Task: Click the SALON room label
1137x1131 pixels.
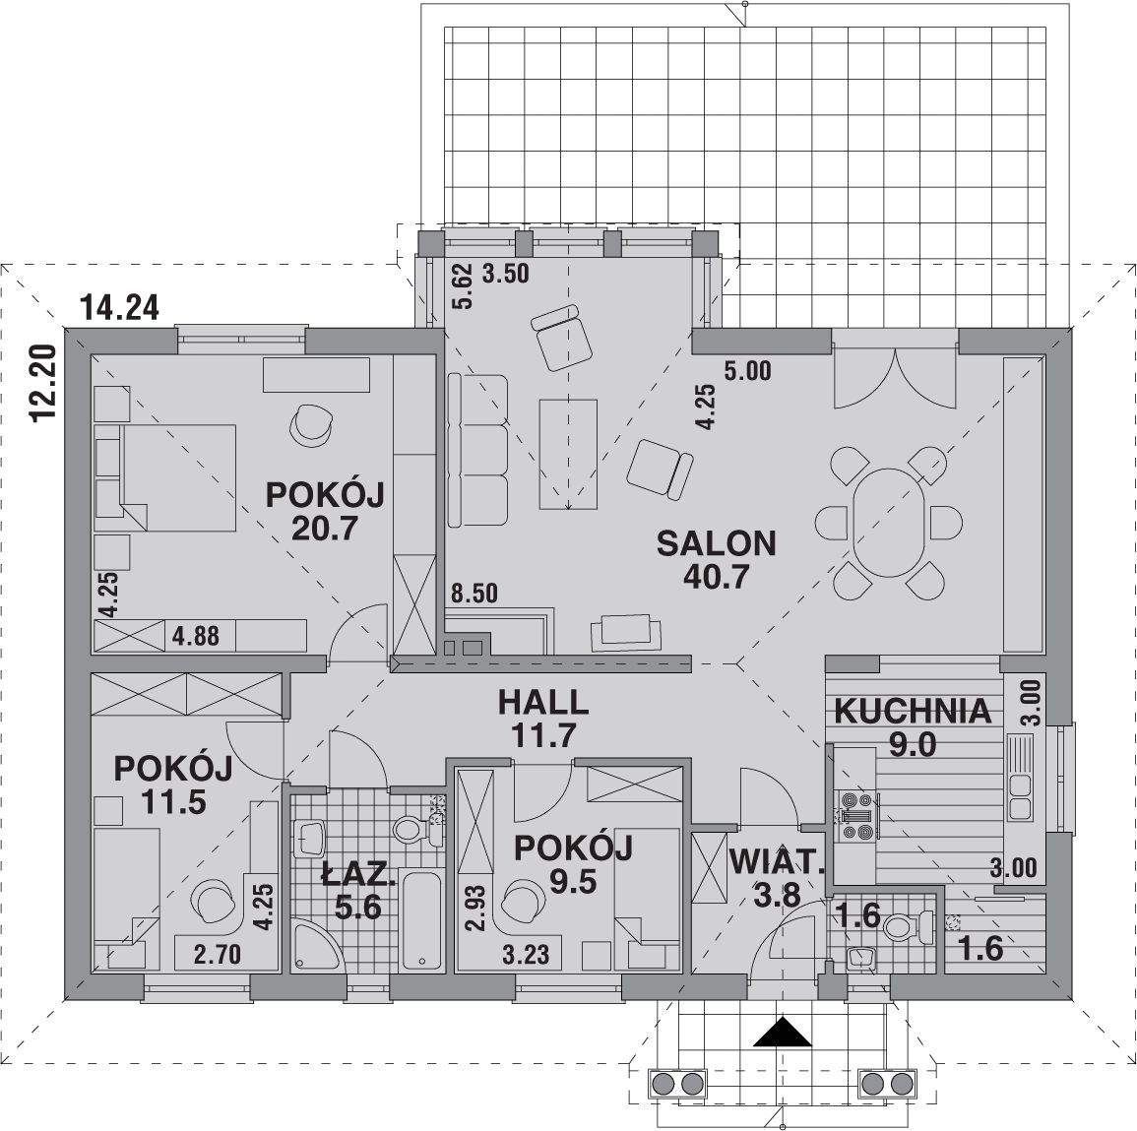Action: [x=716, y=543]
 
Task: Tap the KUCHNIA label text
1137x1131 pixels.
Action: [x=913, y=712]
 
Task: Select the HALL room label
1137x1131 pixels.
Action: [x=543, y=702]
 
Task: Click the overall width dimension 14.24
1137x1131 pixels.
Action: [x=120, y=308]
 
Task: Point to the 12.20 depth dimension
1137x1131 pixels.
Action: [x=44, y=382]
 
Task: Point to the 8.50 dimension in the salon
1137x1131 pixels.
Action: [x=474, y=593]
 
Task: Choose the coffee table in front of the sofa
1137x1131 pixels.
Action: [x=568, y=455]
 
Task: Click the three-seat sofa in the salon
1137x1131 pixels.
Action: [x=477, y=450]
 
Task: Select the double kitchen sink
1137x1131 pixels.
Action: [x=1020, y=797]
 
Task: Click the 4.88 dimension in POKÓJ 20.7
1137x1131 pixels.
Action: [x=195, y=636]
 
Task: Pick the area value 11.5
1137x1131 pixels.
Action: [x=173, y=802]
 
